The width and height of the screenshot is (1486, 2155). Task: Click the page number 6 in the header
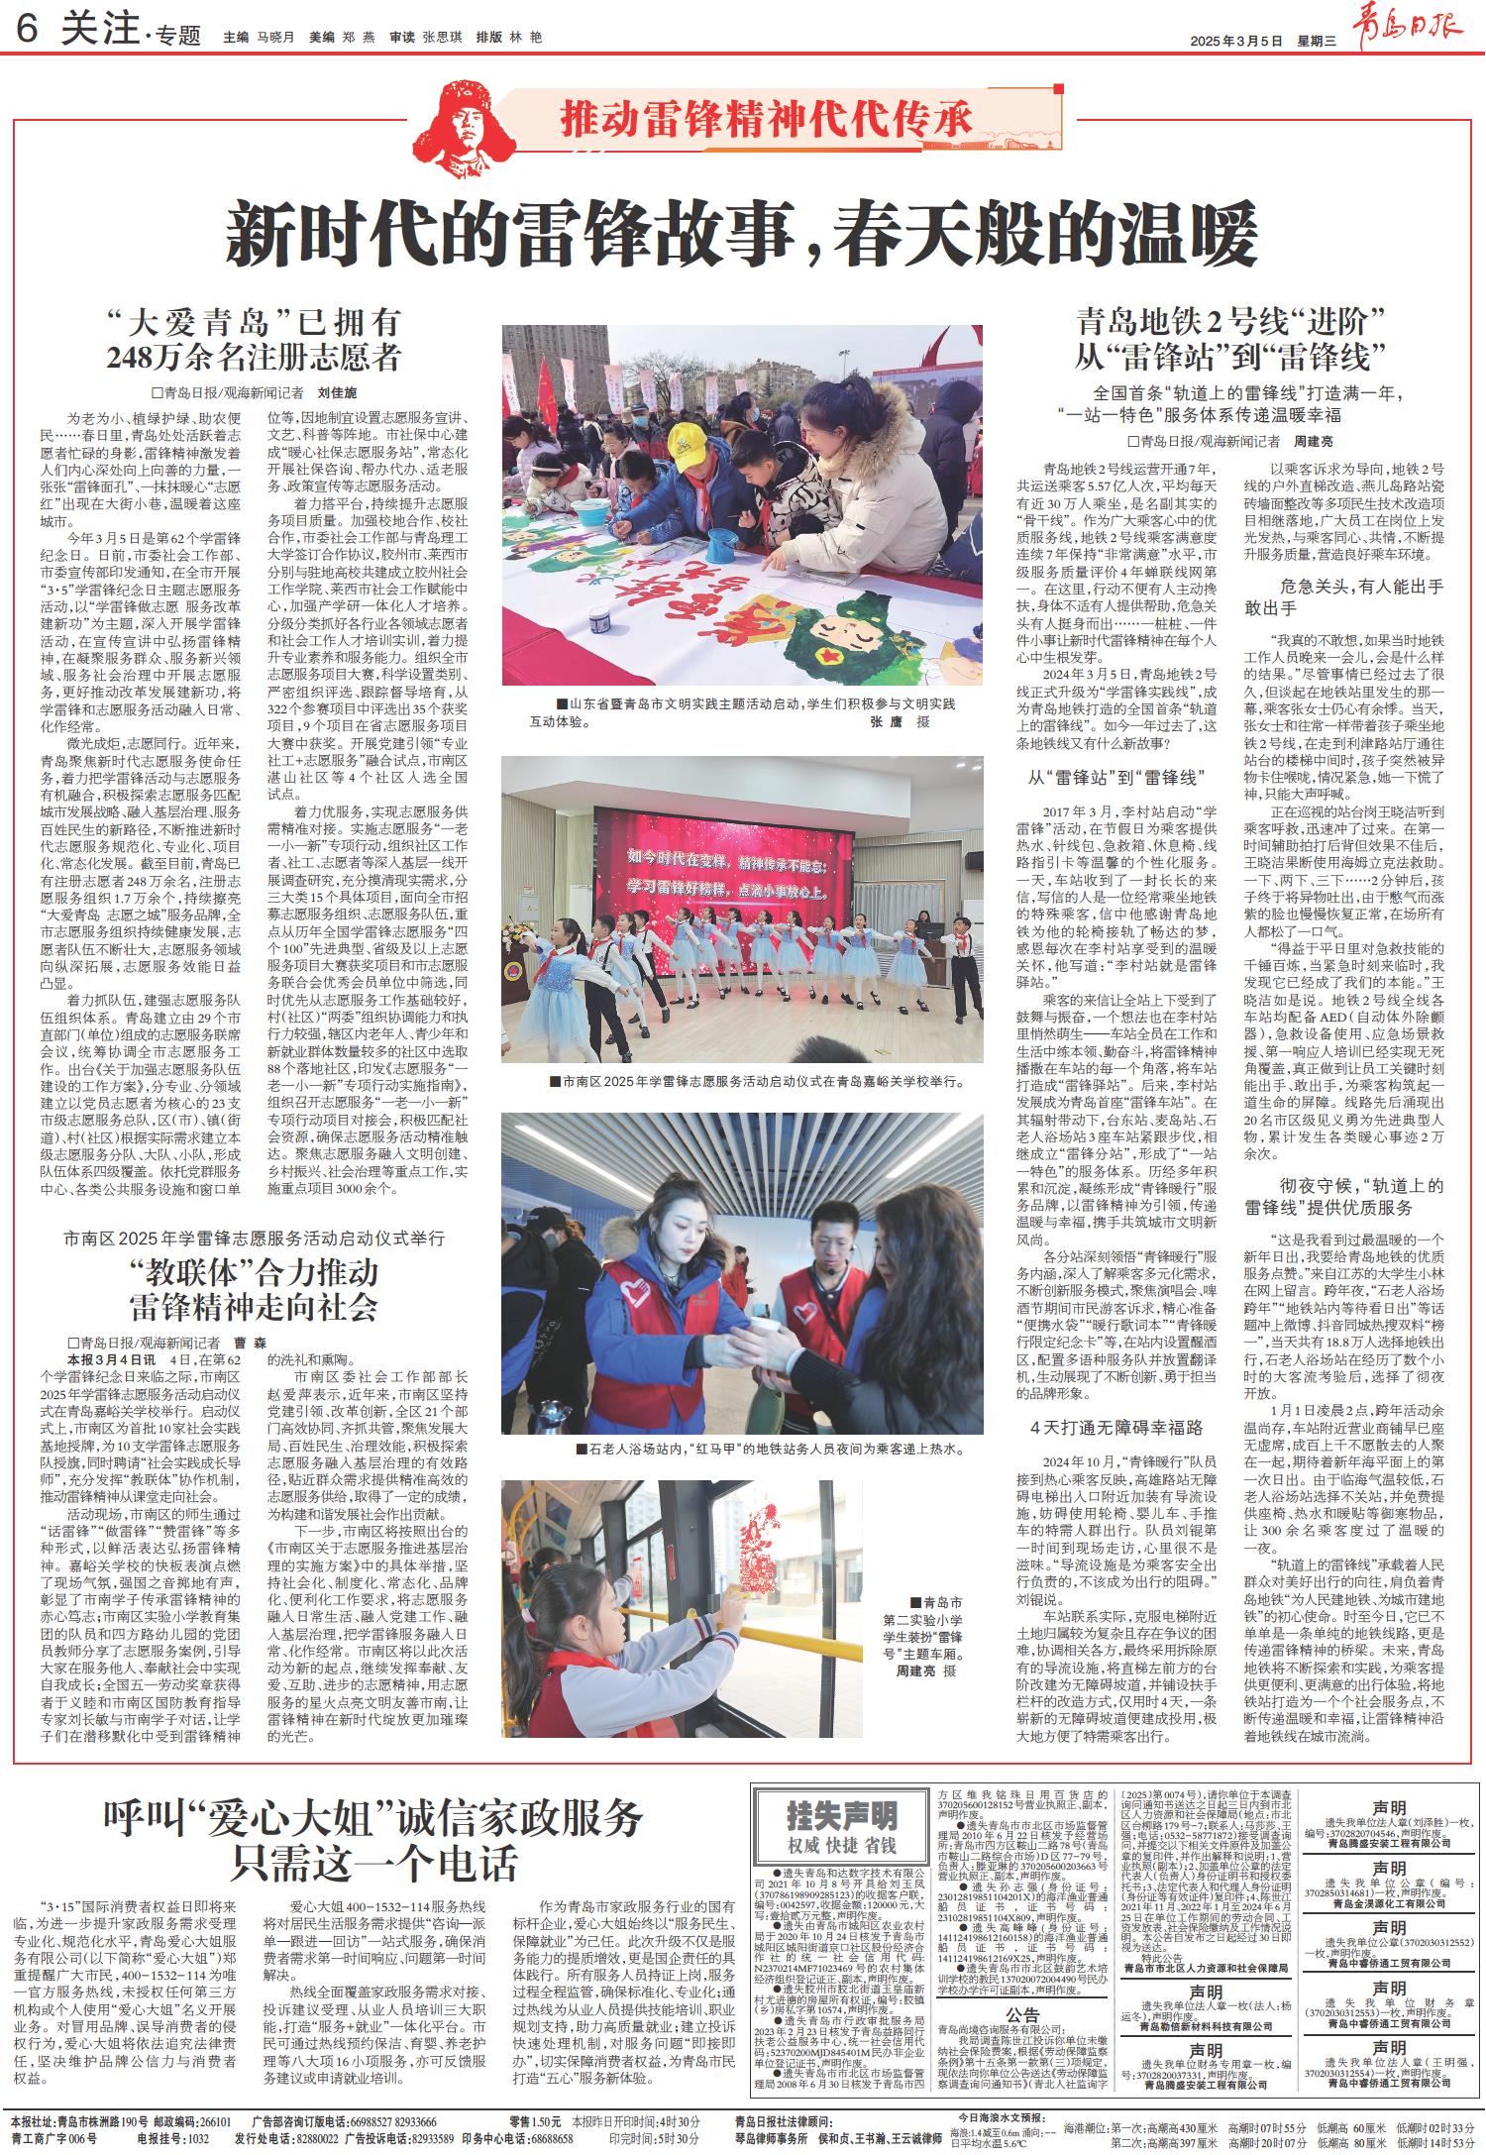27,32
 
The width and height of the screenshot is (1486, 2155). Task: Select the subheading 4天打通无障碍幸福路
1115,1428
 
